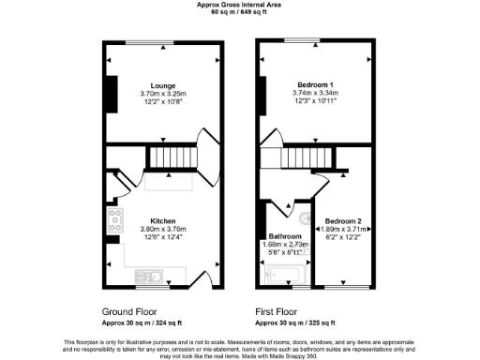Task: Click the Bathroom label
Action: (285, 235)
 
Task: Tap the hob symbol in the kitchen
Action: (116, 221)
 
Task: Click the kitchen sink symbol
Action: (149, 276)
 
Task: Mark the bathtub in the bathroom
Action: (284, 276)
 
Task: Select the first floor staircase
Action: (301, 157)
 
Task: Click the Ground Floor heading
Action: (128, 311)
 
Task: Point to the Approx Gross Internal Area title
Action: (239, 5)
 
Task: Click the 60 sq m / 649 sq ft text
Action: (239, 12)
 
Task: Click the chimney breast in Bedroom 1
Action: (262, 93)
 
